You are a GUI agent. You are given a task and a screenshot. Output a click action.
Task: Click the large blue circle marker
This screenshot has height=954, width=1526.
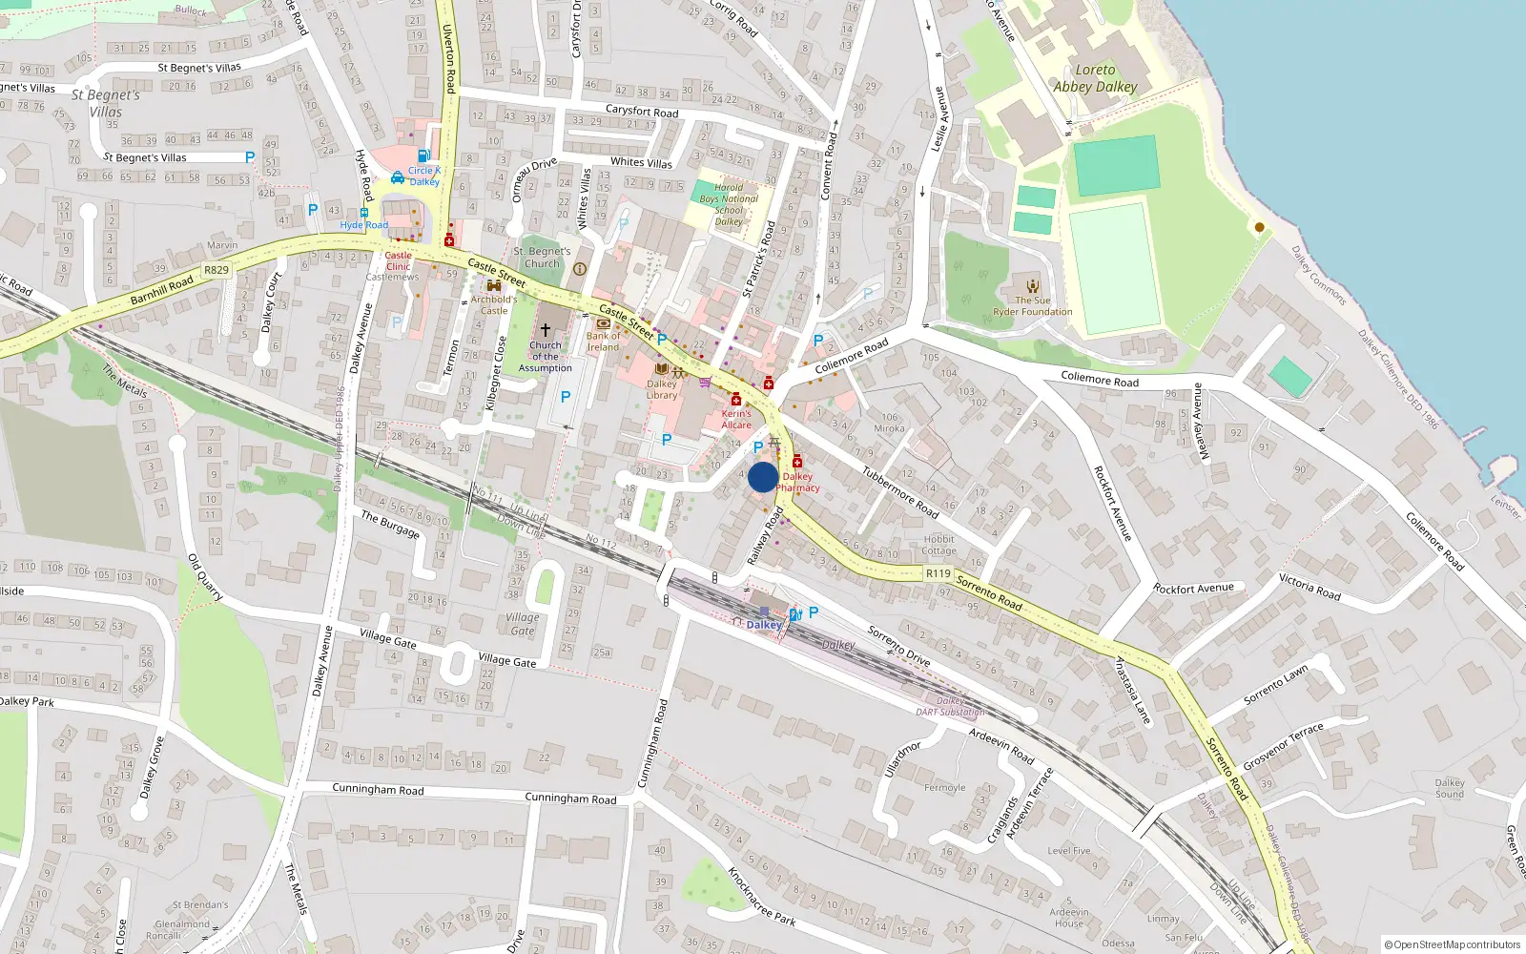(762, 477)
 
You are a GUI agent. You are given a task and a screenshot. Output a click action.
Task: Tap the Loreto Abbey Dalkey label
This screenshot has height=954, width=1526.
(1095, 78)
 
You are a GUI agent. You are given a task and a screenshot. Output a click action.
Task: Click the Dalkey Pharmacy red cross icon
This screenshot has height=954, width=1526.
(797, 463)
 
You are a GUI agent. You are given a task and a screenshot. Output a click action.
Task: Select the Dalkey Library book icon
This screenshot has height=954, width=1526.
(661, 369)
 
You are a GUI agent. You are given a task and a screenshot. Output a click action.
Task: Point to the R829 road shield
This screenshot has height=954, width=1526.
(217, 270)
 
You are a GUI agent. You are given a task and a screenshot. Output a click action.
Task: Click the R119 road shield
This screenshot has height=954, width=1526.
(938, 573)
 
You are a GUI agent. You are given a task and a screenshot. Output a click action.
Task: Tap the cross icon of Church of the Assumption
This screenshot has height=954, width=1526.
(546, 329)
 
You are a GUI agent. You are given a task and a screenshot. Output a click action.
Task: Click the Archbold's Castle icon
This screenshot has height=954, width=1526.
(493, 285)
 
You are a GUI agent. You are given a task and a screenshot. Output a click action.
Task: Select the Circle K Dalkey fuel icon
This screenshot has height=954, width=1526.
(423, 156)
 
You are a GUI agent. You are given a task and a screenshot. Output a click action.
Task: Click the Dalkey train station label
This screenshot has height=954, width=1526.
(764, 625)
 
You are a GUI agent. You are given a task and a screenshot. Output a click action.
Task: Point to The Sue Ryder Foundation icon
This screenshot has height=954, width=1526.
(1032, 285)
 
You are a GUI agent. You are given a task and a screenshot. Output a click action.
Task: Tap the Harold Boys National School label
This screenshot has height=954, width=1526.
(729, 204)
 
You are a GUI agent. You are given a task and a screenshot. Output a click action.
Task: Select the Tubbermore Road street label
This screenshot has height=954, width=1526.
(900, 491)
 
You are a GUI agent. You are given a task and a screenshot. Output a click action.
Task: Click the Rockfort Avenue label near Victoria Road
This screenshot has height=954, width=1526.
(1193, 589)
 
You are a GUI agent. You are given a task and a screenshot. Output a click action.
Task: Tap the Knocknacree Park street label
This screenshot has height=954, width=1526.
(761, 897)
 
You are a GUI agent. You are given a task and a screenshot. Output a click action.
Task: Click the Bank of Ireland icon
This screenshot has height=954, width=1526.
(603, 323)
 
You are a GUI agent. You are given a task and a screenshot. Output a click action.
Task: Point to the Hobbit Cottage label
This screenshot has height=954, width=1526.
(938, 545)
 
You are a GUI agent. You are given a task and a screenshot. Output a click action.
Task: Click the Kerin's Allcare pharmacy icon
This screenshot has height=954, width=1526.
(736, 400)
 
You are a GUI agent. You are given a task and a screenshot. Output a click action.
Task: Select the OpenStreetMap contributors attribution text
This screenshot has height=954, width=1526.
(1452, 944)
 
